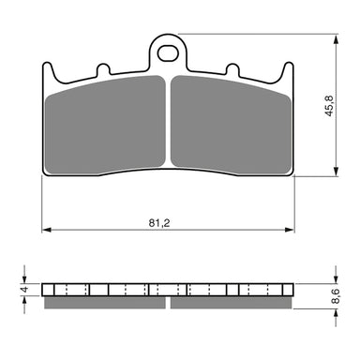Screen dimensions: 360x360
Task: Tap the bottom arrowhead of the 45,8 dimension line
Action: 332,172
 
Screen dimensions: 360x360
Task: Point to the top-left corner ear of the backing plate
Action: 51,69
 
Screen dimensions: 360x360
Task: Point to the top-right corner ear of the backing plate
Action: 286,69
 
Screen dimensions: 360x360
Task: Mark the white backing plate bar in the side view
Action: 169,289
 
